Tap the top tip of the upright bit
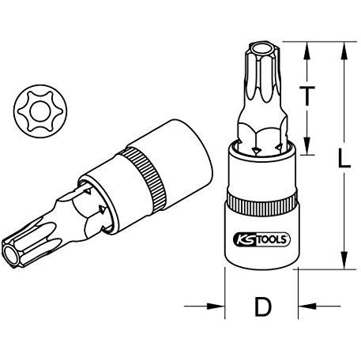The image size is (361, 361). (x=258, y=49)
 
